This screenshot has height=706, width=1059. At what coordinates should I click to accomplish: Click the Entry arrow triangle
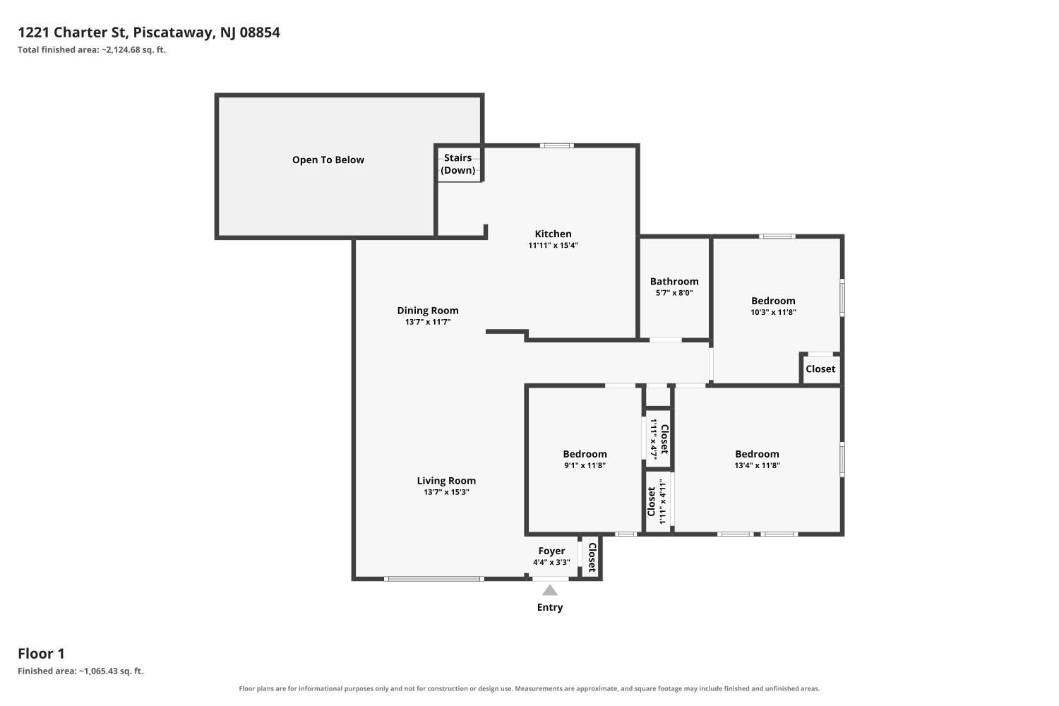coord(549,590)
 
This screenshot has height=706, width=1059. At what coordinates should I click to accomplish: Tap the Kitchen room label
coord(553,234)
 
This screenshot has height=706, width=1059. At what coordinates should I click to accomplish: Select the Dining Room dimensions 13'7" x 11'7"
coord(428,322)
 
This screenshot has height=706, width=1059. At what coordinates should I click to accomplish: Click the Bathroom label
coord(674,282)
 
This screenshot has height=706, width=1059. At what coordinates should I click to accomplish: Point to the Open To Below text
coord(328,160)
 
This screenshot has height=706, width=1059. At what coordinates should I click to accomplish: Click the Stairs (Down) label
coord(457,164)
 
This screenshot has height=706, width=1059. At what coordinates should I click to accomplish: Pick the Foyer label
coord(551,551)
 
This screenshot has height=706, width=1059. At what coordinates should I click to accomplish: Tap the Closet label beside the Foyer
coord(592,558)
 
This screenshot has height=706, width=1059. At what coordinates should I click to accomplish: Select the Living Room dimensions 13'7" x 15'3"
coord(446,492)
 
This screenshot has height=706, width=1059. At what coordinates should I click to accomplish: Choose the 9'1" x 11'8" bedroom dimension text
coord(585,465)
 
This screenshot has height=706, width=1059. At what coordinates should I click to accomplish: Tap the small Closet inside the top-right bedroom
coord(820,369)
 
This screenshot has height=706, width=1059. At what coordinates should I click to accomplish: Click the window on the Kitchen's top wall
coord(557,145)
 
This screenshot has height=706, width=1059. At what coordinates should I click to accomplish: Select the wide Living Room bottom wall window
coord(434,579)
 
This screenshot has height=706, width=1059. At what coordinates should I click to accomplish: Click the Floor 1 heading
coord(41,654)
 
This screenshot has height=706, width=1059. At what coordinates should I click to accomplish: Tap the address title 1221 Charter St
coord(72,32)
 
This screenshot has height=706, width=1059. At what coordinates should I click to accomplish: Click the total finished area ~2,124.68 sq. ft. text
coord(92,49)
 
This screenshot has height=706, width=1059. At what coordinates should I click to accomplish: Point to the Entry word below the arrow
coord(550,607)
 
